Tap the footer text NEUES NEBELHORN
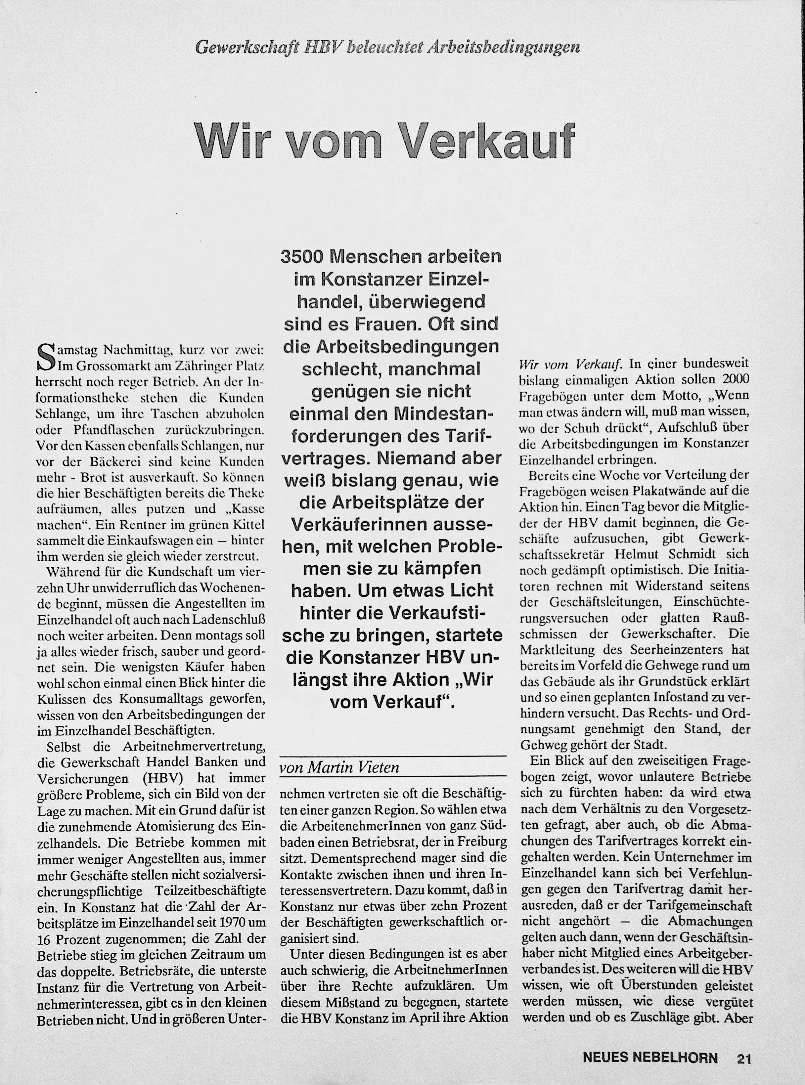tap(650, 1058)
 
